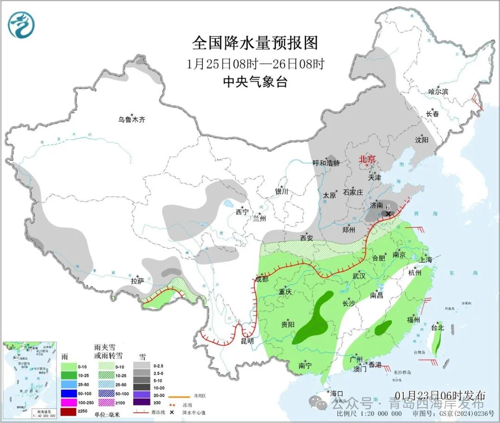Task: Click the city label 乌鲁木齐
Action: click(x=131, y=120)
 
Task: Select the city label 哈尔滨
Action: click(x=438, y=92)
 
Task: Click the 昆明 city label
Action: click(x=248, y=341)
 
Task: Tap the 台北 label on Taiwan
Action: click(x=437, y=328)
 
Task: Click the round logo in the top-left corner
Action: click(x=21, y=25)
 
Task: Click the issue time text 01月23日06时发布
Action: click(x=447, y=395)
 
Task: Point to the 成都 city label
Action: click(x=262, y=278)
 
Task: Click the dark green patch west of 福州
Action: click(x=383, y=328)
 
